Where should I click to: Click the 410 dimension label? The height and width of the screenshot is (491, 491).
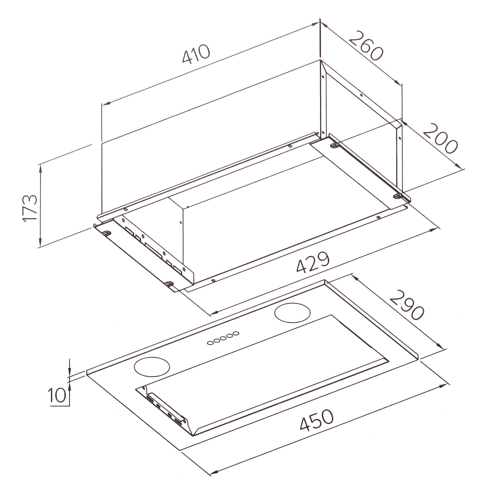pos(196,54)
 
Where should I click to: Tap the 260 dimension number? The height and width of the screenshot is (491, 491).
pos(366,45)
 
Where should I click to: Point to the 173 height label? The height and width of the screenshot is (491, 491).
pos(30,209)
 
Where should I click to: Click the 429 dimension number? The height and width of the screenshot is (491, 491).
pos(313,262)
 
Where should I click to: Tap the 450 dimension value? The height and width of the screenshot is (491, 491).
pos(316,423)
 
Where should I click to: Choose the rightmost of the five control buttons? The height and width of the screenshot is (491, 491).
pos(236,333)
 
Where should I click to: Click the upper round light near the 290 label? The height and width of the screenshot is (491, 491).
pos(292,312)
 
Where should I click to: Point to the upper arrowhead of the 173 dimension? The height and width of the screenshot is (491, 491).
pos(40,168)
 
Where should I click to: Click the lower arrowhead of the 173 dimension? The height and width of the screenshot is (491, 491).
pos(40,243)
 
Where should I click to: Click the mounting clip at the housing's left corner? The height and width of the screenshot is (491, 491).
pos(108,232)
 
